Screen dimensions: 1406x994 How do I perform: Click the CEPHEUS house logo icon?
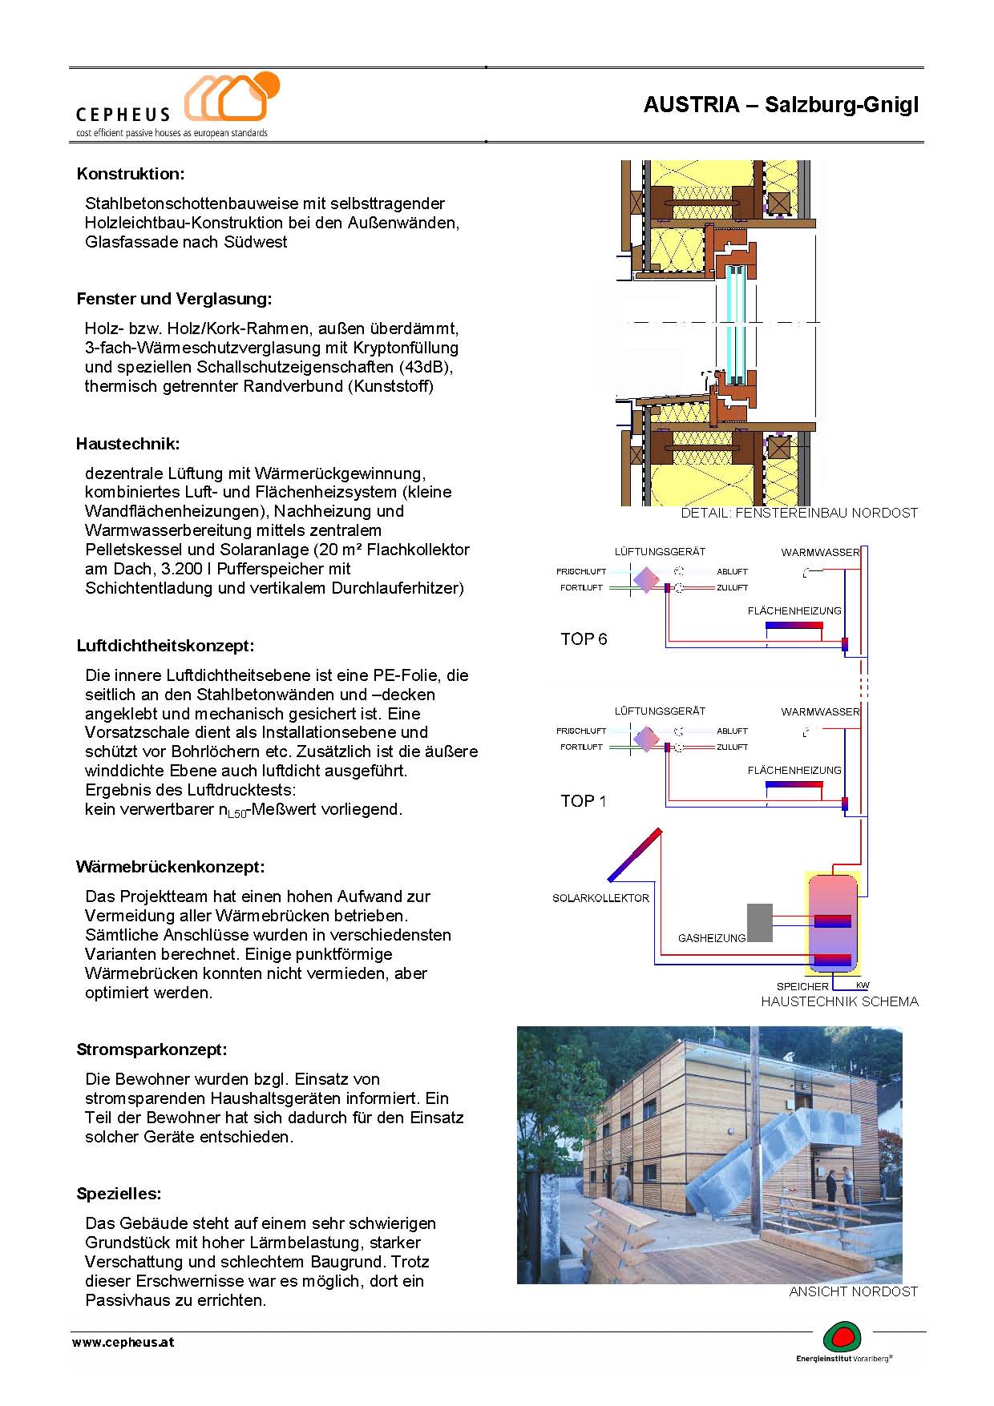231,98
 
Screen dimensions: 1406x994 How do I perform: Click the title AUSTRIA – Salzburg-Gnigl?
780,105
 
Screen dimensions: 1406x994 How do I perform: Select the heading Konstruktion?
131,174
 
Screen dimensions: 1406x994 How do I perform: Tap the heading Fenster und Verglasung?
174,299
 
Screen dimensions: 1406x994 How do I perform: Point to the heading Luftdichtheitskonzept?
165,646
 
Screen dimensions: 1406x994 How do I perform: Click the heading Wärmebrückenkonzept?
170,867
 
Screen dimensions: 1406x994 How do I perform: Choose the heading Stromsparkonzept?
152,1049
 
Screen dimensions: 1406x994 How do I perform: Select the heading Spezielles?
119,1194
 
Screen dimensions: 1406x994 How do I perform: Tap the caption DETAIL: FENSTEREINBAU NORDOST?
798,513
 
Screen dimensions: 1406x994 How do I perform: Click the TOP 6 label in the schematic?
584,639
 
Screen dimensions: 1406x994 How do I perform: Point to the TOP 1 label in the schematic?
584,801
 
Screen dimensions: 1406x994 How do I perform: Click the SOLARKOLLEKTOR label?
600,898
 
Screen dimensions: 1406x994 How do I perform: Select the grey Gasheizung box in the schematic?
759,922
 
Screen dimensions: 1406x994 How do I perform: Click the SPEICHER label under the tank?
802,986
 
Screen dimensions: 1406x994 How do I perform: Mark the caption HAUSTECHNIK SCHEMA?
839,1001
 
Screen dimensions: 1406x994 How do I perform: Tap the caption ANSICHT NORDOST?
853,1291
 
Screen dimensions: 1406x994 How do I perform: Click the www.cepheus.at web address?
123,1343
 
